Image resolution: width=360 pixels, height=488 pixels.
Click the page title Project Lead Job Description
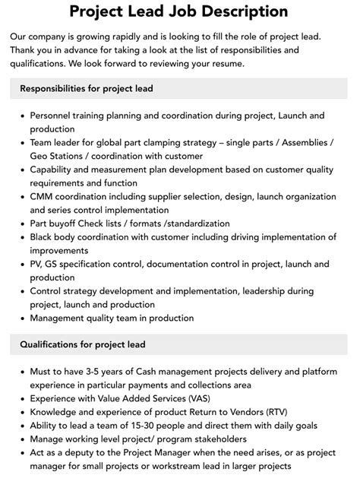coord(179,11)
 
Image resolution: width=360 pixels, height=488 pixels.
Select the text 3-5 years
coord(97,372)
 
